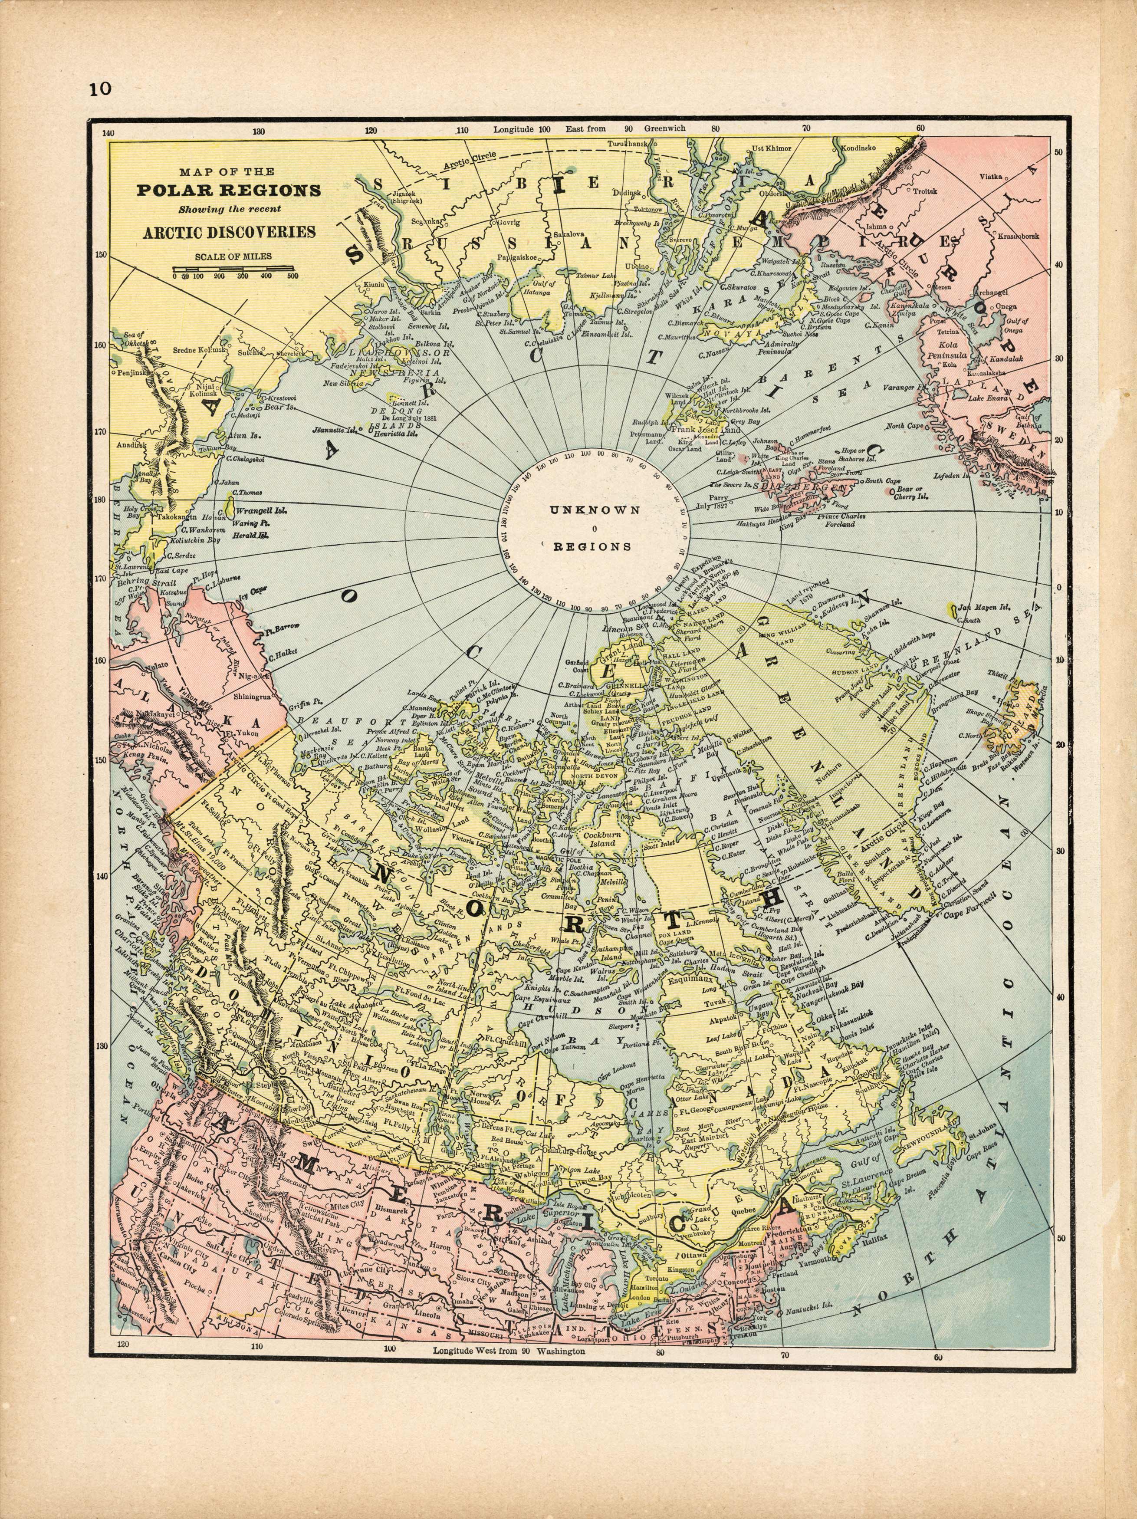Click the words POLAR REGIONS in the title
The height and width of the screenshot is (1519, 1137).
pyautogui.click(x=229, y=190)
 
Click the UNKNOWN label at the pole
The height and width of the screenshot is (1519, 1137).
pyautogui.click(x=595, y=510)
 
